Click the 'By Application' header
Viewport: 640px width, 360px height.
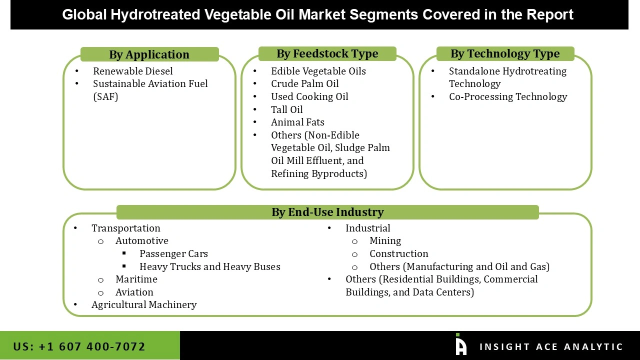(x=149, y=54)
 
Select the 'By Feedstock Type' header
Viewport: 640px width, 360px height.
(x=327, y=53)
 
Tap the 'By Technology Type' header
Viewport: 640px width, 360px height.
(x=505, y=53)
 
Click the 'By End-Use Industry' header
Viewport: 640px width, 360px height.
(x=327, y=212)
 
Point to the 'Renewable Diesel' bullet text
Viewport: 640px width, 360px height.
(x=133, y=71)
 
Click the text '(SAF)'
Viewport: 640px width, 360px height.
(x=105, y=97)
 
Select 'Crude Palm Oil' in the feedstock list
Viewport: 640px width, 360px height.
(x=304, y=84)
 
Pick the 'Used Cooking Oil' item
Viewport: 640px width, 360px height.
(x=309, y=96)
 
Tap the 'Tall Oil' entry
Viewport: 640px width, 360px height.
(x=286, y=109)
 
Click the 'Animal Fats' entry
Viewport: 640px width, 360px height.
(x=297, y=122)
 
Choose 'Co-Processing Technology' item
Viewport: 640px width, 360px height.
(x=507, y=97)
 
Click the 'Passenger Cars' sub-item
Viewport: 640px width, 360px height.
(x=173, y=254)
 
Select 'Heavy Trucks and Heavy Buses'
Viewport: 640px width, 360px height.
(x=209, y=267)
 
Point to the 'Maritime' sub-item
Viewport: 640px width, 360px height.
(x=136, y=279)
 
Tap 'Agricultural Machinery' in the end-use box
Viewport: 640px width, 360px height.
(x=144, y=305)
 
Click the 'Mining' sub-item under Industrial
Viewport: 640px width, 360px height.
(x=385, y=241)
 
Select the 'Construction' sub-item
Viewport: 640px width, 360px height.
(x=398, y=254)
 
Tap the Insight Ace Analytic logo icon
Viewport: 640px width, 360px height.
(x=460, y=345)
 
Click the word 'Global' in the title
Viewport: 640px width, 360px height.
(x=84, y=14)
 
